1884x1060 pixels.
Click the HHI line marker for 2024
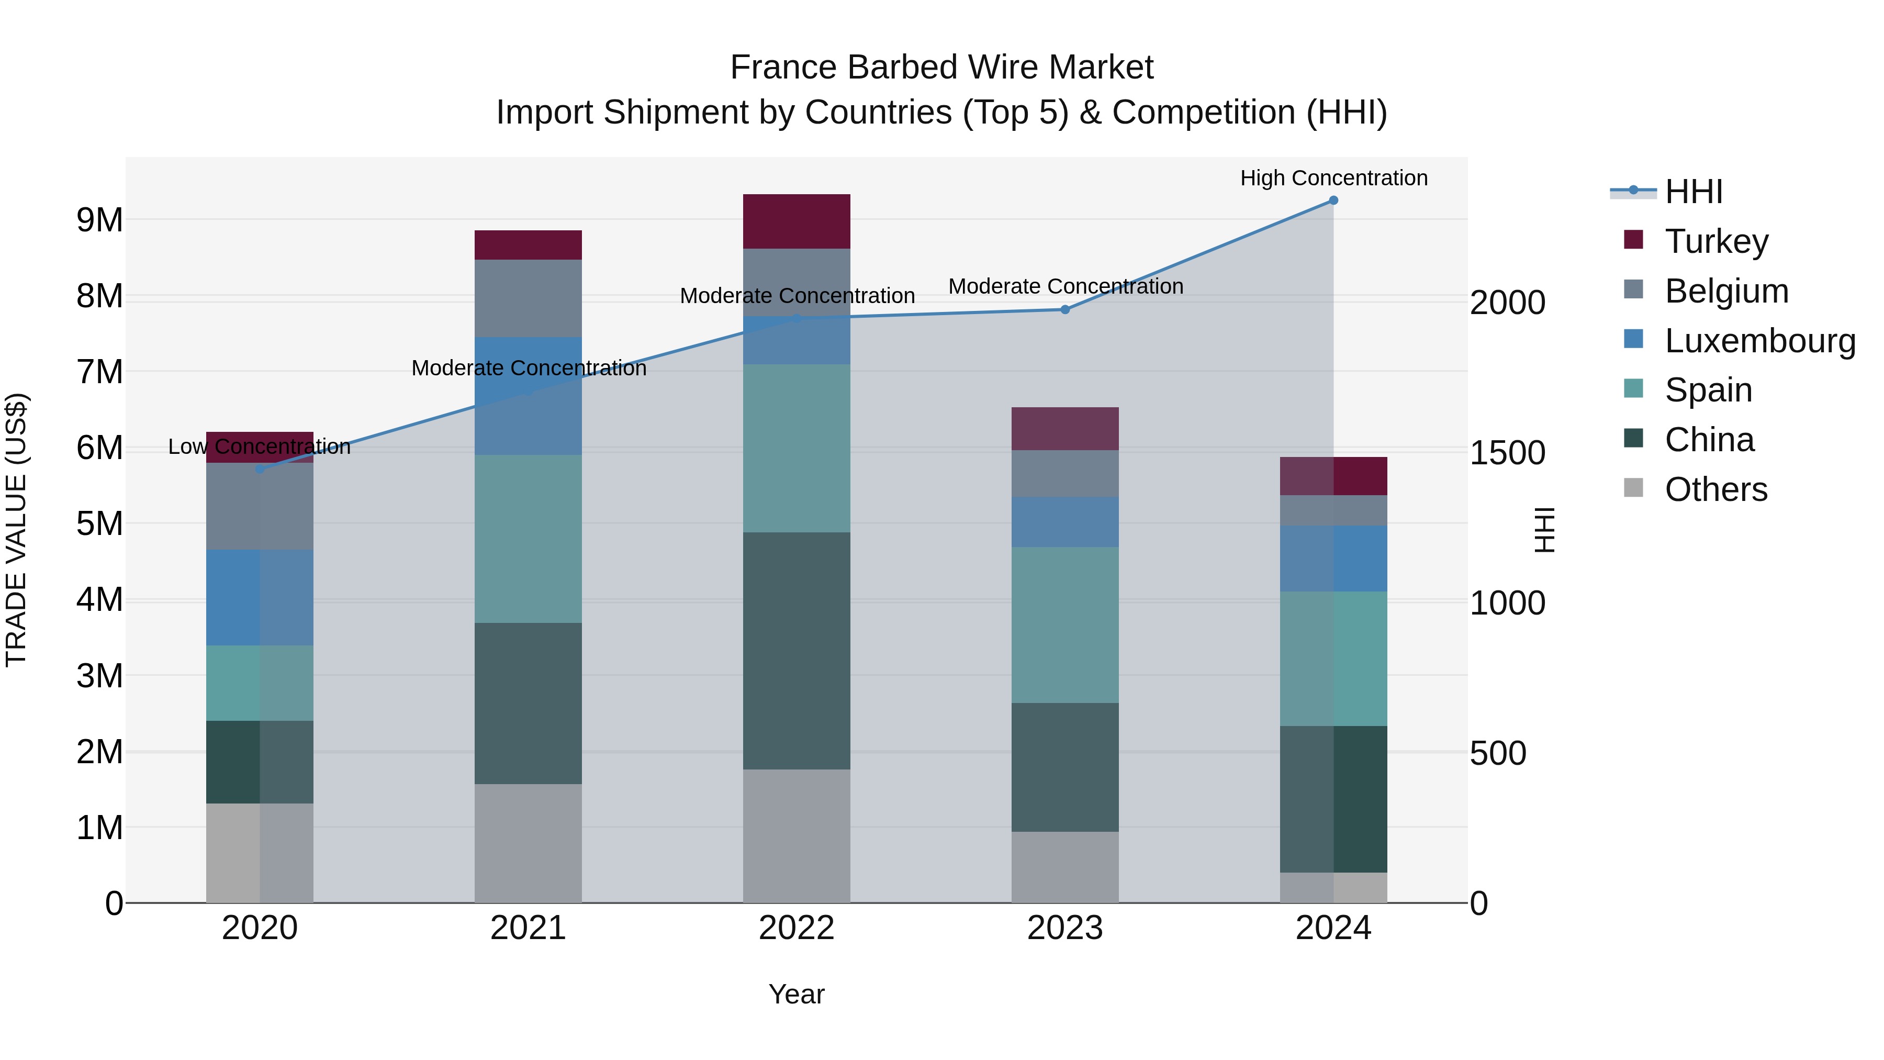tap(1333, 200)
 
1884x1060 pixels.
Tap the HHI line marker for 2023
tap(1065, 309)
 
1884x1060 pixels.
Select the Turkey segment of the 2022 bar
tap(797, 221)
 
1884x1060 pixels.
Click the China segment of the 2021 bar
tap(528, 703)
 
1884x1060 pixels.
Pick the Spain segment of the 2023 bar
tap(1065, 624)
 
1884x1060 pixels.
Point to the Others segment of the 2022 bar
tap(797, 835)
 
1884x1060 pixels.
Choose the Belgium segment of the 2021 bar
tap(528, 298)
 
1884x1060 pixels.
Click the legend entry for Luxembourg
tap(1759, 341)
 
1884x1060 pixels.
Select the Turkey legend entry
tap(1716, 241)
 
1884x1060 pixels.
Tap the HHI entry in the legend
tap(1693, 192)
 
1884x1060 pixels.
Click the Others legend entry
tap(1716, 489)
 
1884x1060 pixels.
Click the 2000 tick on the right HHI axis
tap(1507, 303)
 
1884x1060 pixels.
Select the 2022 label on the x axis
tap(797, 928)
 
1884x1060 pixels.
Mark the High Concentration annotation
tap(1333, 178)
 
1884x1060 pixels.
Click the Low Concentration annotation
tap(260, 446)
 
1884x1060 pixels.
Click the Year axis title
tap(797, 994)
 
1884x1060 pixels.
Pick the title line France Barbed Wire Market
tap(941, 68)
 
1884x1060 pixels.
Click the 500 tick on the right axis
tap(1498, 753)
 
